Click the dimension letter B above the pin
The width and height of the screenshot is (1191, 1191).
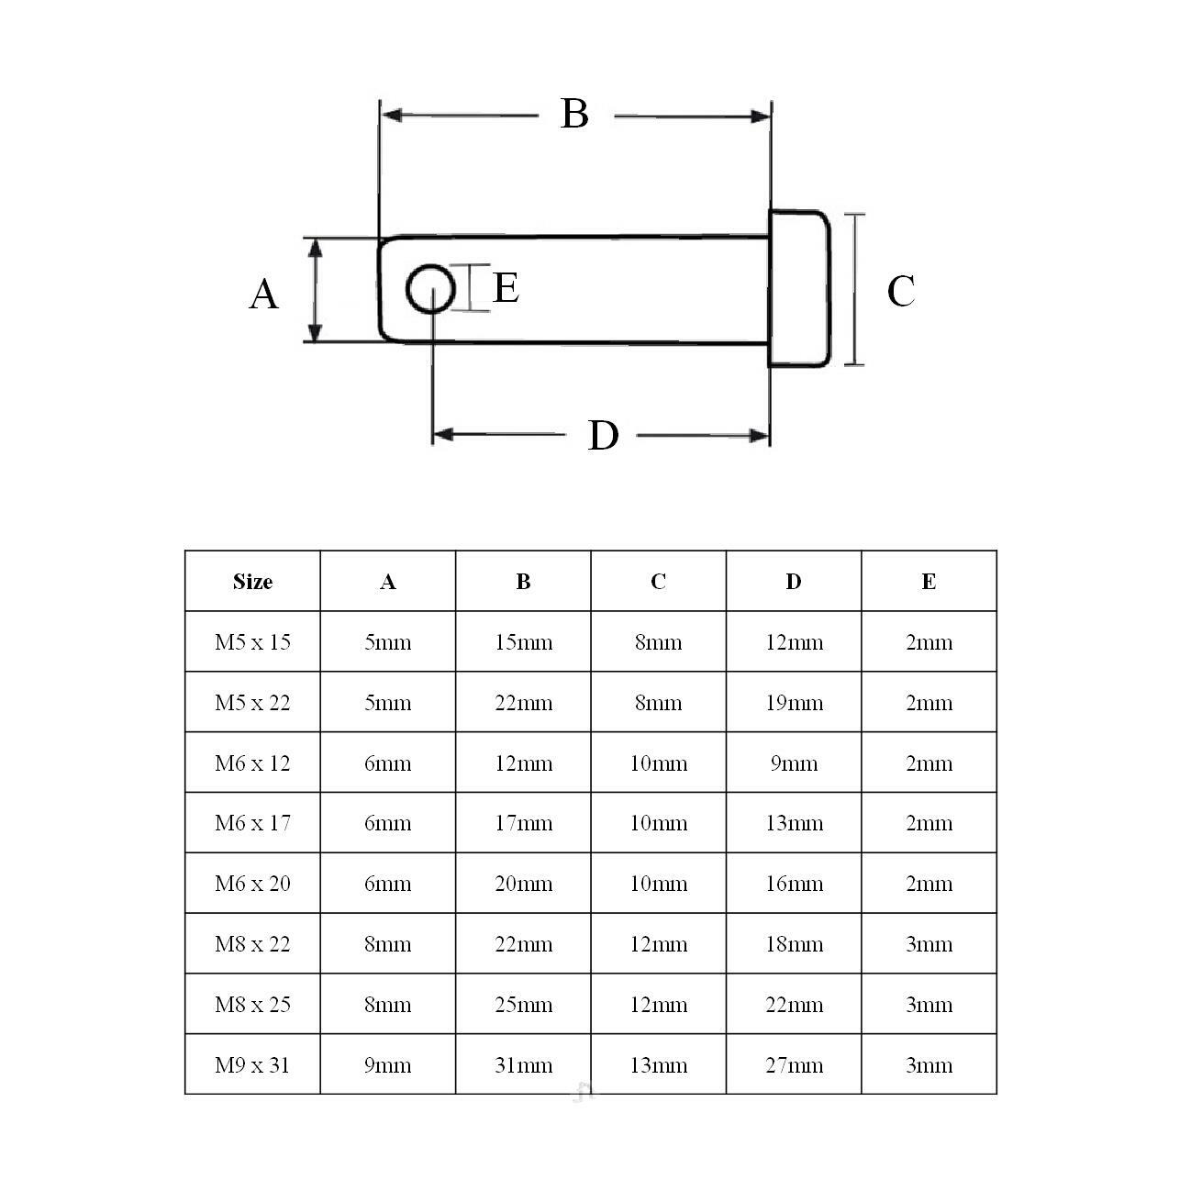coord(574,114)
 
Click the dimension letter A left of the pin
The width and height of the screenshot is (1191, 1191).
coord(263,295)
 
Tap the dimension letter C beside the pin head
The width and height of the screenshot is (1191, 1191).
coord(900,292)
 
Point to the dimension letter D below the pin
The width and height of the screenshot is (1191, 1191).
coord(603,436)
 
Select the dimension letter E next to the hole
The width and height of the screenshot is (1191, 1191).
coord(506,288)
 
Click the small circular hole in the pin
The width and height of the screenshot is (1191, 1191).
coord(430,290)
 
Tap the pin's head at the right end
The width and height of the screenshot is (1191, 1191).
coord(799,289)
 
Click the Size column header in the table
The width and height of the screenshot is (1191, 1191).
coord(252,582)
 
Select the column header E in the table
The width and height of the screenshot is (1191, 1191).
coord(929,582)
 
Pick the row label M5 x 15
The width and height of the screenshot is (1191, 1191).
coord(252,642)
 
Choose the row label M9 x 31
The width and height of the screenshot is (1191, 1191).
coord(252,1065)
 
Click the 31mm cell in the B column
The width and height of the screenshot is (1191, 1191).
coord(523,1065)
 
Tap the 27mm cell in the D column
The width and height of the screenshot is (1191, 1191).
coord(794,1065)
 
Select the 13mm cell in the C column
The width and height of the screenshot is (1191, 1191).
coord(658,1065)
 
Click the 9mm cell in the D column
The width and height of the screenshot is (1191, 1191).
coord(794,763)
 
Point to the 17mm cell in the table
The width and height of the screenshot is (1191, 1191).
coord(523,823)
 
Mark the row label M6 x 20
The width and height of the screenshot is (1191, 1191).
coord(252,884)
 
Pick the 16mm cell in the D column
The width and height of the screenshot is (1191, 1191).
coord(794,884)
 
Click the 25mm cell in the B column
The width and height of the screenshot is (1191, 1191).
coord(523,1005)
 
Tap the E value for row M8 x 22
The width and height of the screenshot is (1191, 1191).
coord(929,944)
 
